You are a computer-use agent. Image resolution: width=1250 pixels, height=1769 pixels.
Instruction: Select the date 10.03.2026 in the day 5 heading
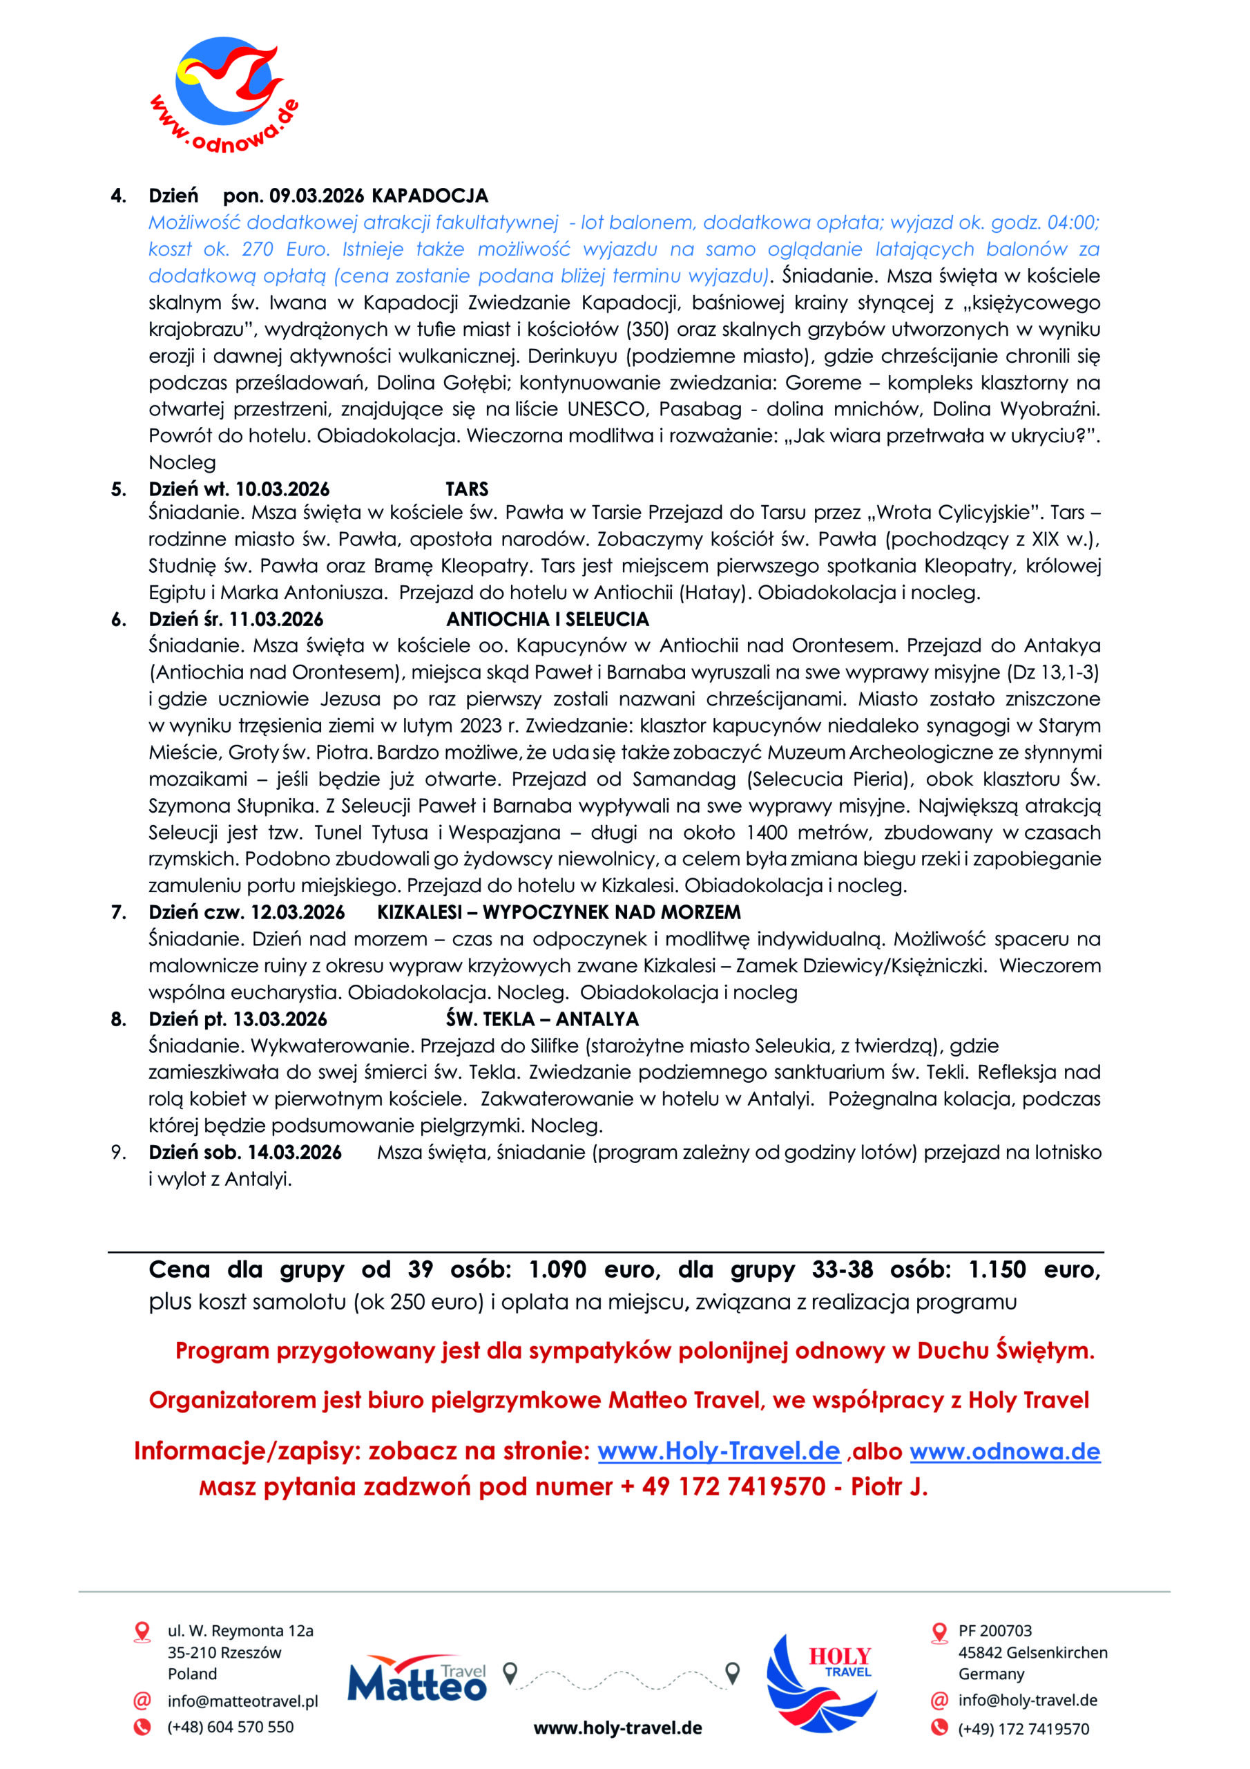coord(282,489)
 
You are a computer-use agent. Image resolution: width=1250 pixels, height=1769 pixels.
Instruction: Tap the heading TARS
coord(467,489)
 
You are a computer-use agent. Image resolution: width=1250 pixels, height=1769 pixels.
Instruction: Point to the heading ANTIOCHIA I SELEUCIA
coord(548,619)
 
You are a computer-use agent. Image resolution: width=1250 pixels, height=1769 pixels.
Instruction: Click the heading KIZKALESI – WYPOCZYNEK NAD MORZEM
coord(559,912)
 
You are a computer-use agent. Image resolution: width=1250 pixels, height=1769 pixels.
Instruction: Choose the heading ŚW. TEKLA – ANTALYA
coord(542,1019)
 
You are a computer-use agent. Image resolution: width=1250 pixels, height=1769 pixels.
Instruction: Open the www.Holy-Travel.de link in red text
coord(718,1452)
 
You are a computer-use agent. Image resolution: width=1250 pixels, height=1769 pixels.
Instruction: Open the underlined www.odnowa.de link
coord(1005,1452)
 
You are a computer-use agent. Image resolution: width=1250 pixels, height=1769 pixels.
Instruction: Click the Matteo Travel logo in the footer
coord(416,1679)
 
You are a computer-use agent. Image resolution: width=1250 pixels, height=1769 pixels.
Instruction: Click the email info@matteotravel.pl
coord(242,1701)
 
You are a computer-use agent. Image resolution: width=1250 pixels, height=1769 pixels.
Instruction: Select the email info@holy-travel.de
coord(1028,1701)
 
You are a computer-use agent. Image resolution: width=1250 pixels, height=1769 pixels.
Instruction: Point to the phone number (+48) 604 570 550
coord(230,1727)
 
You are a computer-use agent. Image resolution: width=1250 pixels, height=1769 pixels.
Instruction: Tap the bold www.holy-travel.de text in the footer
coord(617,1728)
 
